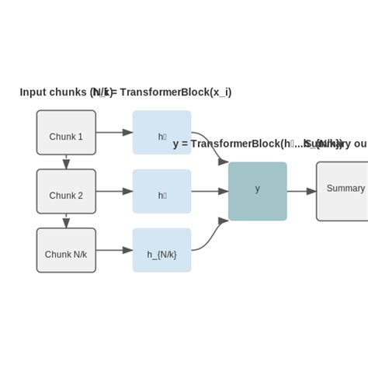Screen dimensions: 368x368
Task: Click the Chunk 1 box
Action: click(x=66, y=132)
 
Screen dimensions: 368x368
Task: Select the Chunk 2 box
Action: click(x=66, y=191)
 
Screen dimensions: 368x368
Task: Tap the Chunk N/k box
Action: click(x=66, y=250)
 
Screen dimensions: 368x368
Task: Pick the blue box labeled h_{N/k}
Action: click(x=161, y=250)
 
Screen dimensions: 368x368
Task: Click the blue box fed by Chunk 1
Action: click(x=161, y=132)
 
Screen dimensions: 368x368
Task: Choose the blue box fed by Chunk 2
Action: click(x=161, y=191)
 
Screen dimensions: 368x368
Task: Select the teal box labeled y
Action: click(x=258, y=191)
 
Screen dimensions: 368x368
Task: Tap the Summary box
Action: click(x=342, y=191)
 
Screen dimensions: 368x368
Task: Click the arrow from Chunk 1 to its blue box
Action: click(x=114, y=132)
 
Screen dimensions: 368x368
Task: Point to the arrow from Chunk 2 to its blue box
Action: click(x=114, y=191)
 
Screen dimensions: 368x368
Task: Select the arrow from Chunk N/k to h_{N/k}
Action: click(x=114, y=250)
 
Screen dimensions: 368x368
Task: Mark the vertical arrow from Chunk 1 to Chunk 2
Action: click(x=66, y=161)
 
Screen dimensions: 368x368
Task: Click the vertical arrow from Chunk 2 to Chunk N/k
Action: click(x=66, y=220)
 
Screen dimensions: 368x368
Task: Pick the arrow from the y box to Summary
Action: click(x=301, y=191)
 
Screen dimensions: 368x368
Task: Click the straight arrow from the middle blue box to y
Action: click(x=210, y=191)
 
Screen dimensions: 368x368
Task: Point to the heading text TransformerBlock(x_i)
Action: click(x=175, y=92)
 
